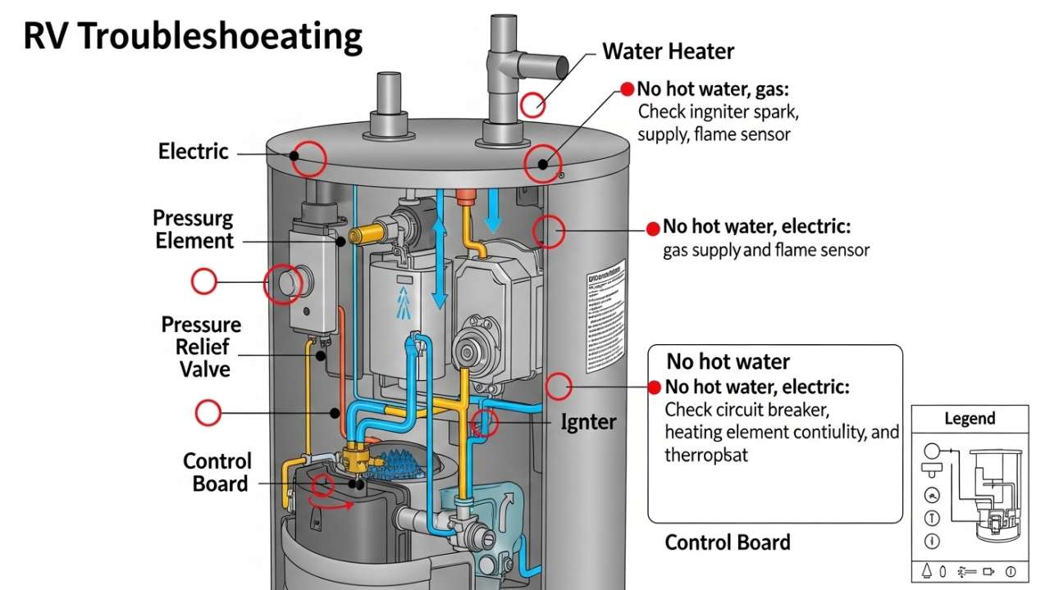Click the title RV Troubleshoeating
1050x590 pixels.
point(192,38)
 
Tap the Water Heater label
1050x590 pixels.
point(668,52)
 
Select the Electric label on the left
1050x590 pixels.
point(194,152)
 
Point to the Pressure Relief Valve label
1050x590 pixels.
point(201,347)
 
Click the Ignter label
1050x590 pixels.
point(588,422)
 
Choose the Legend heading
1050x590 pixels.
point(970,419)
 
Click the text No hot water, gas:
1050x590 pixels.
point(712,89)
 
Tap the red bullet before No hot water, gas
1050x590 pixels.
point(628,89)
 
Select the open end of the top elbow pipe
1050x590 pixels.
point(562,65)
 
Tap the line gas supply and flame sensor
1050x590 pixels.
point(765,250)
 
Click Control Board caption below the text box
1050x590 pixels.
point(727,542)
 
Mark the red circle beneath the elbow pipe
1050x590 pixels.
point(533,104)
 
